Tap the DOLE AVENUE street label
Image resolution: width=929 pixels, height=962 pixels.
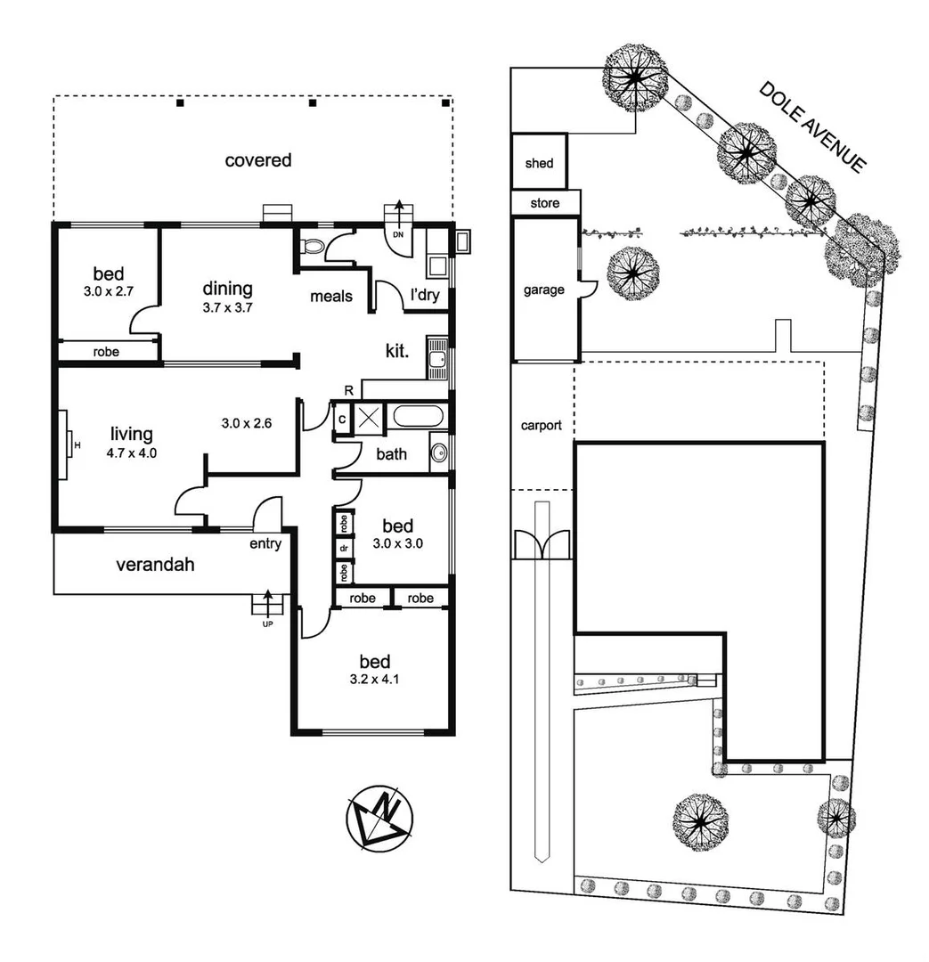(x=812, y=126)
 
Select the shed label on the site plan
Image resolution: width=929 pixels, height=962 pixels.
(x=539, y=163)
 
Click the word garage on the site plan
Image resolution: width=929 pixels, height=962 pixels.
(x=543, y=289)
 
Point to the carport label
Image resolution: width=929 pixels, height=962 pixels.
(x=542, y=425)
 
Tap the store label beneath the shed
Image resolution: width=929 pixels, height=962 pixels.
(x=545, y=203)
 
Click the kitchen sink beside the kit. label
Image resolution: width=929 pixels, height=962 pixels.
(x=436, y=357)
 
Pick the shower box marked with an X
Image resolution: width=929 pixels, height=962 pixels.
(x=367, y=417)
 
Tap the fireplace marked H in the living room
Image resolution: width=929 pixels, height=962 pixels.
(x=66, y=444)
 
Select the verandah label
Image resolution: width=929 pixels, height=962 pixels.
(x=155, y=564)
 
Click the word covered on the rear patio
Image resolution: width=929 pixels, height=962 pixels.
(x=257, y=160)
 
